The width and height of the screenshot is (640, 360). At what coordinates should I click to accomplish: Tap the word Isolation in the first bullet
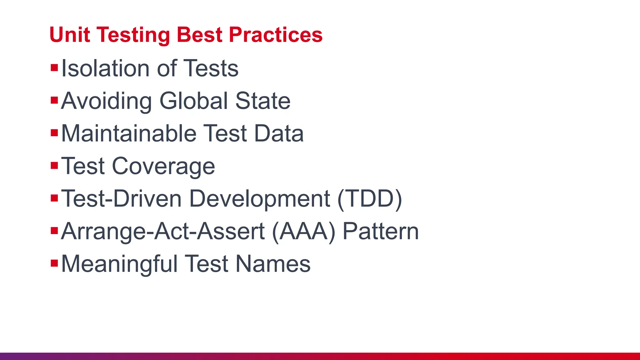pos(105,68)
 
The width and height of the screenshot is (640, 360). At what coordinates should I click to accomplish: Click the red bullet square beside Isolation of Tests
pos(54,67)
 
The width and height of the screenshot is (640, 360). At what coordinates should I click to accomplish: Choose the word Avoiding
pos(106,101)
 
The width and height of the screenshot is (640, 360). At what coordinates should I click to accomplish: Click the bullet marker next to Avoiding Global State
pos(54,100)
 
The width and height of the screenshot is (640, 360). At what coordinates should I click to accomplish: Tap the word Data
pos(279,133)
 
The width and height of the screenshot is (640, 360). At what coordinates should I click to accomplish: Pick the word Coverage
pos(163,166)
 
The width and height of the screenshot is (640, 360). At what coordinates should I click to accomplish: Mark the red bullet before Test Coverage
pos(54,165)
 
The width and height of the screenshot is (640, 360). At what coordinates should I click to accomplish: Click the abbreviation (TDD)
pos(370,199)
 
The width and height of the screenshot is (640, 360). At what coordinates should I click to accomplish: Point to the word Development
pos(260,199)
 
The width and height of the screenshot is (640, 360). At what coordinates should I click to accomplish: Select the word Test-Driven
pos(121,199)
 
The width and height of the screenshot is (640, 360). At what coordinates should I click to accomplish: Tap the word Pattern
pos(381,231)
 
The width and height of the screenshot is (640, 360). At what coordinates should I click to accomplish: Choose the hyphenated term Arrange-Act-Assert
pos(163,231)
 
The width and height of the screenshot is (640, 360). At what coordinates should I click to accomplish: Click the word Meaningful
pos(119,264)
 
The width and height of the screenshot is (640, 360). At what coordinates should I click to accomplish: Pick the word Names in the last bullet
pos(273,264)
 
